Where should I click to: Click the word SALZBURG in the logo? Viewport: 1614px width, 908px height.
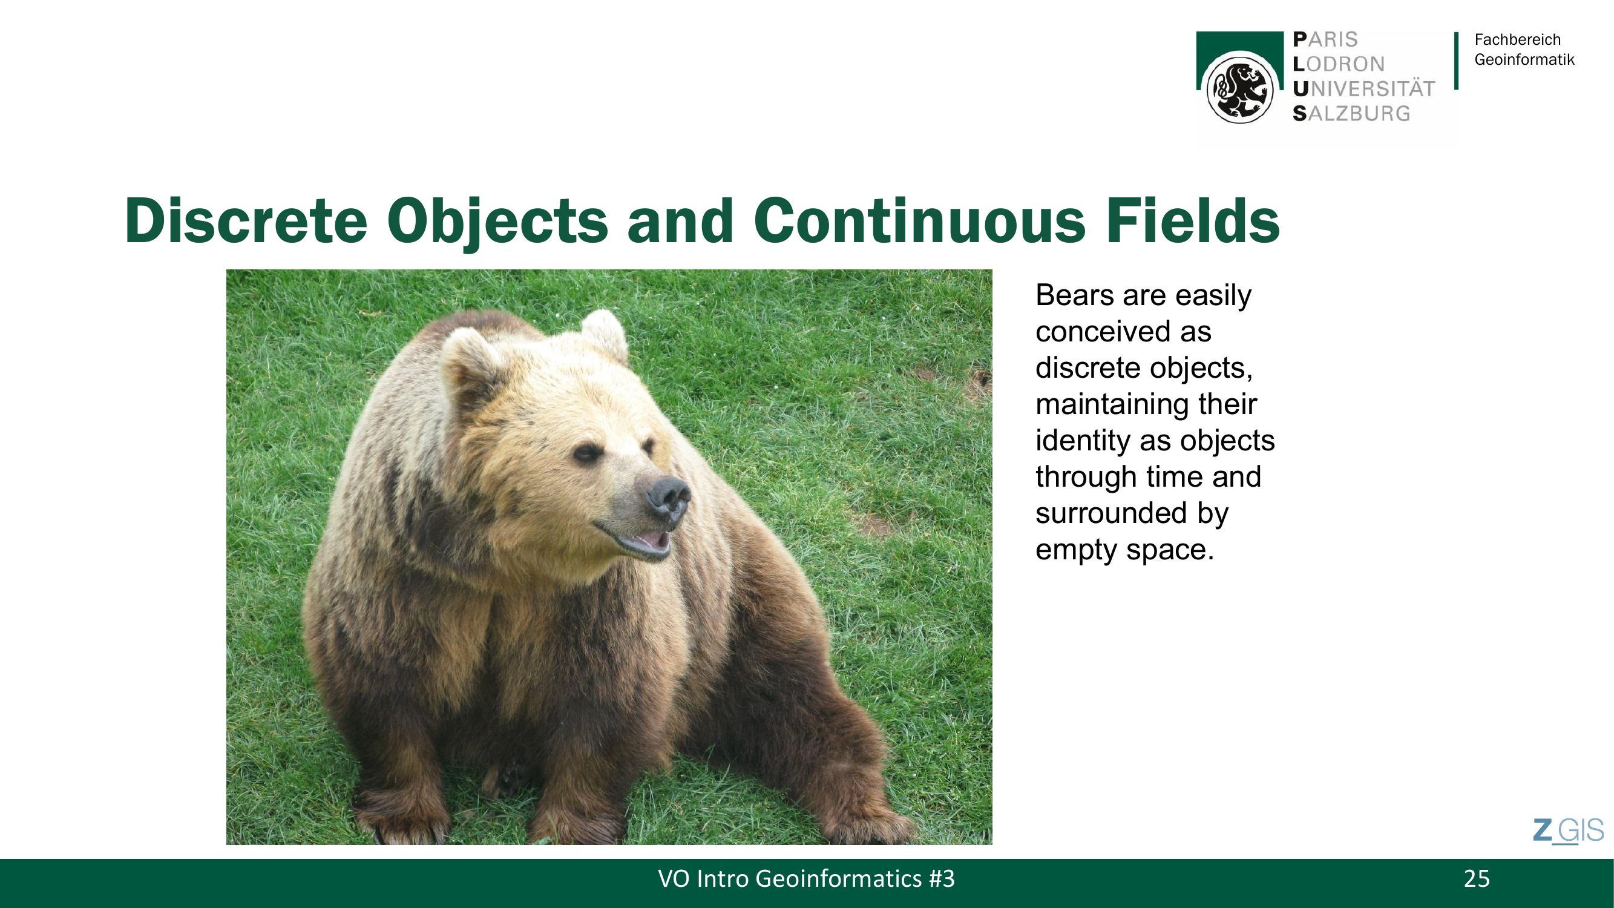1351,113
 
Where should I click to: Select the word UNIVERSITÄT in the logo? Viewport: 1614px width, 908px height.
1363,89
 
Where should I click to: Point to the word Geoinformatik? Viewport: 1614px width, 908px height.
1524,59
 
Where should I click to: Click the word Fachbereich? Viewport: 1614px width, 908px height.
1518,39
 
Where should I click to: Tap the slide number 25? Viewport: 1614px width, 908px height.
1477,878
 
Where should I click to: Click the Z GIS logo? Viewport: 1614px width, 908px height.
1568,831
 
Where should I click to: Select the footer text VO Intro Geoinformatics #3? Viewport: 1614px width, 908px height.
806,878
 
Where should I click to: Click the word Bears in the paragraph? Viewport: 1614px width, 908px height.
1075,295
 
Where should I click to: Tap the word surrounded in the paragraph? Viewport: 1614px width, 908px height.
1111,513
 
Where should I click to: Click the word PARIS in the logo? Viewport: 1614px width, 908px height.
1325,39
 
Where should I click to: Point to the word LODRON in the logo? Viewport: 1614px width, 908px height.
1338,64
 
